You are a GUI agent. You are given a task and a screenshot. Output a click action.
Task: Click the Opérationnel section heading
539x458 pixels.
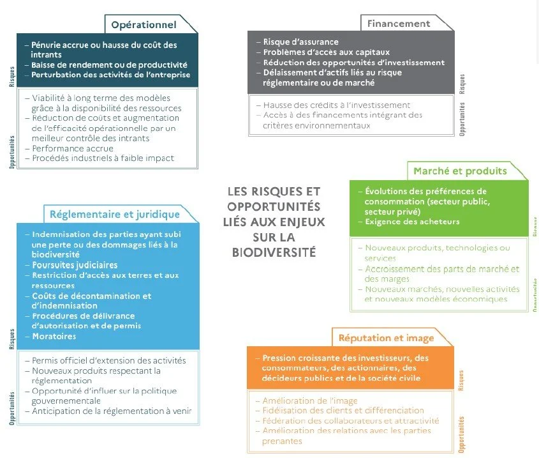144,25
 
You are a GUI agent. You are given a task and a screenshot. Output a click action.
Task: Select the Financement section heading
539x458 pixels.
399,24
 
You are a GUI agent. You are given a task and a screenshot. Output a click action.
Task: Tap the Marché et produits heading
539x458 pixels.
460,171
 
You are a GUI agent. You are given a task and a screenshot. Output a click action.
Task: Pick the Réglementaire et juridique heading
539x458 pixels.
115,214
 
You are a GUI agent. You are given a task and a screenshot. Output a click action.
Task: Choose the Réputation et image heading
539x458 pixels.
387,337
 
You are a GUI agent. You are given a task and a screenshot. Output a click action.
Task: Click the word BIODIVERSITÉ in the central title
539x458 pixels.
274,251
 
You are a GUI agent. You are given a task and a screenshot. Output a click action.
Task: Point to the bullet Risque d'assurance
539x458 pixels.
300,42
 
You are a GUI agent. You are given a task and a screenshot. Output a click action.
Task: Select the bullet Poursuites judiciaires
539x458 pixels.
75,264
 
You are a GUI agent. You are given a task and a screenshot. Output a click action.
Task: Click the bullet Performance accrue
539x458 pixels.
73,148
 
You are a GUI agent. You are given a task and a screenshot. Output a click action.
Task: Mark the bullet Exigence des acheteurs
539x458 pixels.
412,222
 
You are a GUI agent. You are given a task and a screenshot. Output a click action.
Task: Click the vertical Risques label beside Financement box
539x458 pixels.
462,84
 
